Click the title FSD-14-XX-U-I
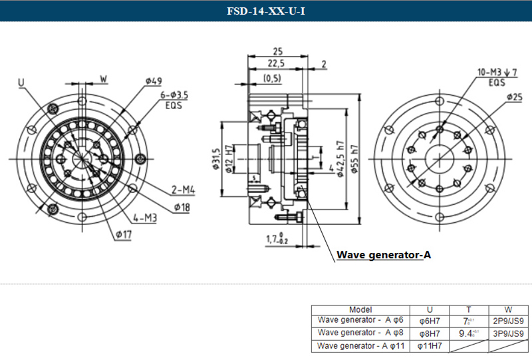(x=265, y=11)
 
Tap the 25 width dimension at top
(x=279, y=51)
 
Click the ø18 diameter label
(x=182, y=208)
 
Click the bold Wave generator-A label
(x=384, y=254)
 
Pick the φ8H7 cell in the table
(x=430, y=333)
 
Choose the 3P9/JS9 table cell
(x=509, y=333)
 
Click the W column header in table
(x=508, y=310)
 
